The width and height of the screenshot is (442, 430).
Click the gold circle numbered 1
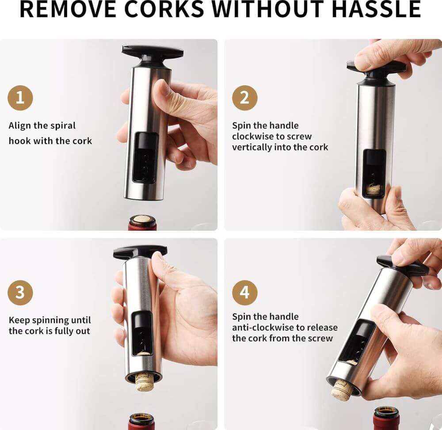tap(20, 98)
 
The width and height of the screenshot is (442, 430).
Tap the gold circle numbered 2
tap(245, 98)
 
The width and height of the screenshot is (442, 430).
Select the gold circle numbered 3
tap(20, 293)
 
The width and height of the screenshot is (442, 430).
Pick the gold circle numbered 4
tap(245, 293)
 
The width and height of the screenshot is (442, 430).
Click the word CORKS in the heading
tap(164, 9)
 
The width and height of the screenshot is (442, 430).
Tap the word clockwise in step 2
tap(252, 137)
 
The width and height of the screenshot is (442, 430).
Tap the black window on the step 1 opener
tap(145, 157)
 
